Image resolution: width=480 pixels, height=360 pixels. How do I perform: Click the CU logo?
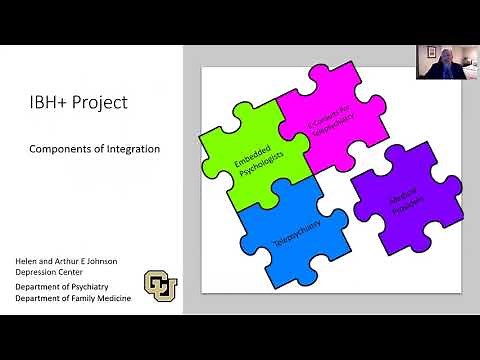(x=163, y=286)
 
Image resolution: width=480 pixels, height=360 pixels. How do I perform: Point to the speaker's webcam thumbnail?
(x=439, y=66)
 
